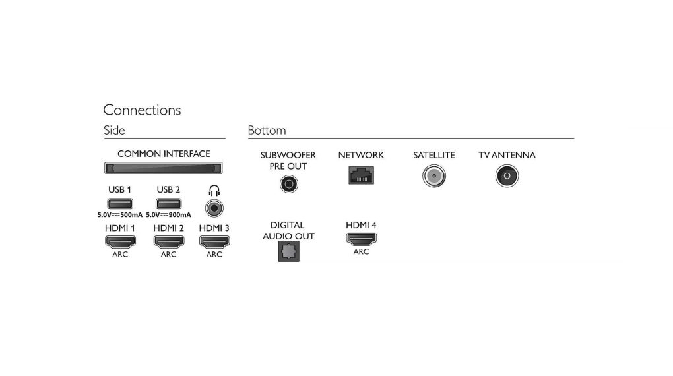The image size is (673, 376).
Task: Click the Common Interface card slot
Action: (164, 168)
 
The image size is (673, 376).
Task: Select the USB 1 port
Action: (119, 203)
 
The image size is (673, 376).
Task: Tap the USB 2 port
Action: (168, 203)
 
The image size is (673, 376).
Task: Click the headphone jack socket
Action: (214, 208)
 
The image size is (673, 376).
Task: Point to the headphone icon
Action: (214, 191)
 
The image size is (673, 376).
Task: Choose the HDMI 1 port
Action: (120, 241)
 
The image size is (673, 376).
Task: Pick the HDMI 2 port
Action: (169, 241)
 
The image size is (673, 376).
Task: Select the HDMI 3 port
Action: (214, 241)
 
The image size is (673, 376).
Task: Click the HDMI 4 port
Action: (362, 239)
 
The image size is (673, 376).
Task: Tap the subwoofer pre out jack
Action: (289, 184)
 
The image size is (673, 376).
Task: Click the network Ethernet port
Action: (362, 175)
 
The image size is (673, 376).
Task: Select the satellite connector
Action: (434, 176)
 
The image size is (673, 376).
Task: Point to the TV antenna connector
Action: (507, 176)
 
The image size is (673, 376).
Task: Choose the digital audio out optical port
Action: (289, 251)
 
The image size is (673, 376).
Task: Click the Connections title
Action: (142, 110)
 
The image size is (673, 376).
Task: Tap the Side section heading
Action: (114, 130)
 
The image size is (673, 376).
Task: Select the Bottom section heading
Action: (267, 130)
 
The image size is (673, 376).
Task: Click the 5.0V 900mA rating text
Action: (168, 214)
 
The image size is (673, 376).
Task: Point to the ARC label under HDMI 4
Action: (362, 251)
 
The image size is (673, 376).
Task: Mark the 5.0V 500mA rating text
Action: (119, 214)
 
